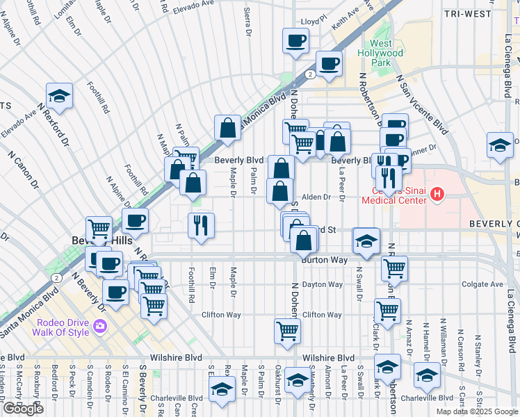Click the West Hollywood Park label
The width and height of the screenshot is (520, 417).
point(380,53)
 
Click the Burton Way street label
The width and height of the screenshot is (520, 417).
point(324,260)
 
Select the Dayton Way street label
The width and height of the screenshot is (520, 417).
point(322,284)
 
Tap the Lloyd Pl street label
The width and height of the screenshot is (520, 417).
point(313,22)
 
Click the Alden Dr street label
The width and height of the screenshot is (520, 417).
point(316,197)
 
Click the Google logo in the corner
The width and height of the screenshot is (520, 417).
point(23,409)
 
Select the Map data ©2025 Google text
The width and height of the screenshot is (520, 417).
point(476,411)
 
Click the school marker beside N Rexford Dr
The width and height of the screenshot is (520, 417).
point(60,97)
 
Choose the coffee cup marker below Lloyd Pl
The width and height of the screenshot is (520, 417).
point(295,40)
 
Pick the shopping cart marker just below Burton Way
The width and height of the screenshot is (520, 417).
point(394,268)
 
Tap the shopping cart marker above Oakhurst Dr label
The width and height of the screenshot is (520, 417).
point(287,331)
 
